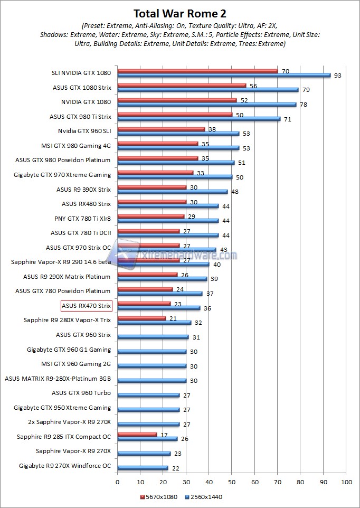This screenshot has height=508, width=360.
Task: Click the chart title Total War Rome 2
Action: click(x=179, y=13)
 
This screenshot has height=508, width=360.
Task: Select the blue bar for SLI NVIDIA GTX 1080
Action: click(x=224, y=76)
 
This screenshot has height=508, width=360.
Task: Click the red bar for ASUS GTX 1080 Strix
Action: click(x=182, y=85)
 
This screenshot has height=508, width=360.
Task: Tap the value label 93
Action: click(x=338, y=76)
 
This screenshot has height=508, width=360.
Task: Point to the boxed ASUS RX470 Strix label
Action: click(x=87, y=305)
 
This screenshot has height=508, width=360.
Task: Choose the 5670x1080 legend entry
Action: click(x=159, y=497)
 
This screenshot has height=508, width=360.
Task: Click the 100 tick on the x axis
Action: click(x=346, y=482)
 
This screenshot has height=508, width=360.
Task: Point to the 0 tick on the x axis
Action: click(x=117, y=482)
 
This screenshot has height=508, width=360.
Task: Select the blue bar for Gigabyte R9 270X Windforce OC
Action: click(x=143, y=468)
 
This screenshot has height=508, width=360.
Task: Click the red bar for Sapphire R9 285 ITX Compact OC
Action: click(x=137, y=434)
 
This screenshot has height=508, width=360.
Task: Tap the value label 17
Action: click(x=164, y=434)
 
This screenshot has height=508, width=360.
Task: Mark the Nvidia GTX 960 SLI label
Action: click(x=84, y=131)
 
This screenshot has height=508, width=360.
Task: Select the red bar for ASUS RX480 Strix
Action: click(x=151, y=201)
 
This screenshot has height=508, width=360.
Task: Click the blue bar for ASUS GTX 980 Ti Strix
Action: click(x=198, y=119)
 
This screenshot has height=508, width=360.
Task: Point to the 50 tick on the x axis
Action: click(x=232, y=482)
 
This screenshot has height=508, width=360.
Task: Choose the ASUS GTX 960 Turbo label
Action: click(x=81, y=393)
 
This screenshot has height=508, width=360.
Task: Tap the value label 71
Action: click(x=287, y=119)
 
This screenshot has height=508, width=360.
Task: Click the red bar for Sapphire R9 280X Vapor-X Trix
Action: click(x=141, y=318)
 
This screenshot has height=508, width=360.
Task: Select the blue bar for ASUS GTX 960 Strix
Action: click(x=153, y=337)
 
